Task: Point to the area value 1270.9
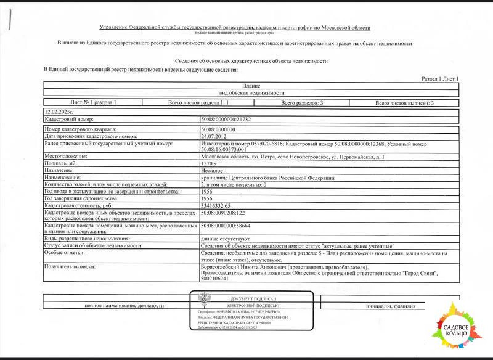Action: (210, 163)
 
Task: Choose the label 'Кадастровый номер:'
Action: (68, 119)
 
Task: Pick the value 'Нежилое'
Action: (212, 170)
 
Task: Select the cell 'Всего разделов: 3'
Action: (302, 103)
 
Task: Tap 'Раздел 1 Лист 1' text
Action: (440, 80)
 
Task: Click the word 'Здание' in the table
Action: (251, 85)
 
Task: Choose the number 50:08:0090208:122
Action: (222, 212)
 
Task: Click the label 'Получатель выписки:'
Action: (70, 266)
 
